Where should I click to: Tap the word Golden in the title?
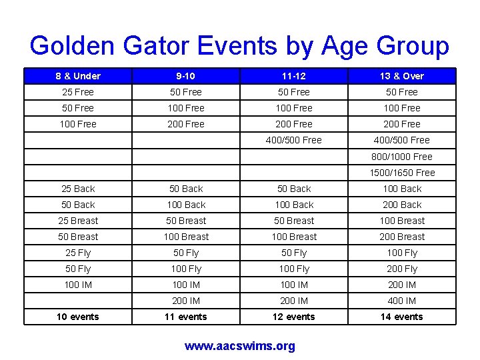(x=72, y=46)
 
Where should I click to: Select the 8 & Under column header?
(x=78, y=76)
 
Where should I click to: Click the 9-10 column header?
(x=186, y=76)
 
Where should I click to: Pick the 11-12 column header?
(x=294, y=76)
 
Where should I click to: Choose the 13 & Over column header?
(x=402, y=76)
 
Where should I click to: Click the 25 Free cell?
(x=78, y=92)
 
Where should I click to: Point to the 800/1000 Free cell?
(x=402, y=157)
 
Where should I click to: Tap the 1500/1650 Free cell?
(x=402, y=173)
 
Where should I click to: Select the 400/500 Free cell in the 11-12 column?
(x=294, y=140)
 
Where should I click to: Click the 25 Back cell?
(x=78, y=189)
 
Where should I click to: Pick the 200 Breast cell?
(x=402, y=237)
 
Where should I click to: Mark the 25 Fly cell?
(x=78, y=253)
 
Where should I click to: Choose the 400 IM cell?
(x=402, y=301)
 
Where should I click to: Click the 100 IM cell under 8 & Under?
(x=78, y=285)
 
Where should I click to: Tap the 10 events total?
(x=78, y=317)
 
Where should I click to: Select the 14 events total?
(x=402, y=317)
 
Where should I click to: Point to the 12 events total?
(x=294, y=317)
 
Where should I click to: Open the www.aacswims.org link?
(x=240, y=346)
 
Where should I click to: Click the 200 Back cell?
(x=402, y=205)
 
